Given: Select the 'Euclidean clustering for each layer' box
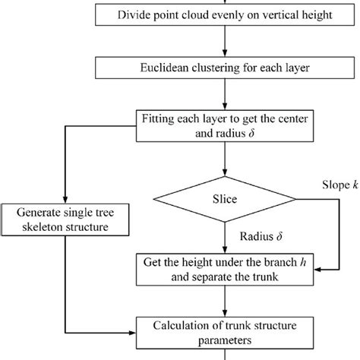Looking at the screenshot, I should tap(223, 69).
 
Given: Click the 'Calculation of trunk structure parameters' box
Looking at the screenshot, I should tap(223, 327).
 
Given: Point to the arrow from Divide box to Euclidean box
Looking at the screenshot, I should tap(223, 43).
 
